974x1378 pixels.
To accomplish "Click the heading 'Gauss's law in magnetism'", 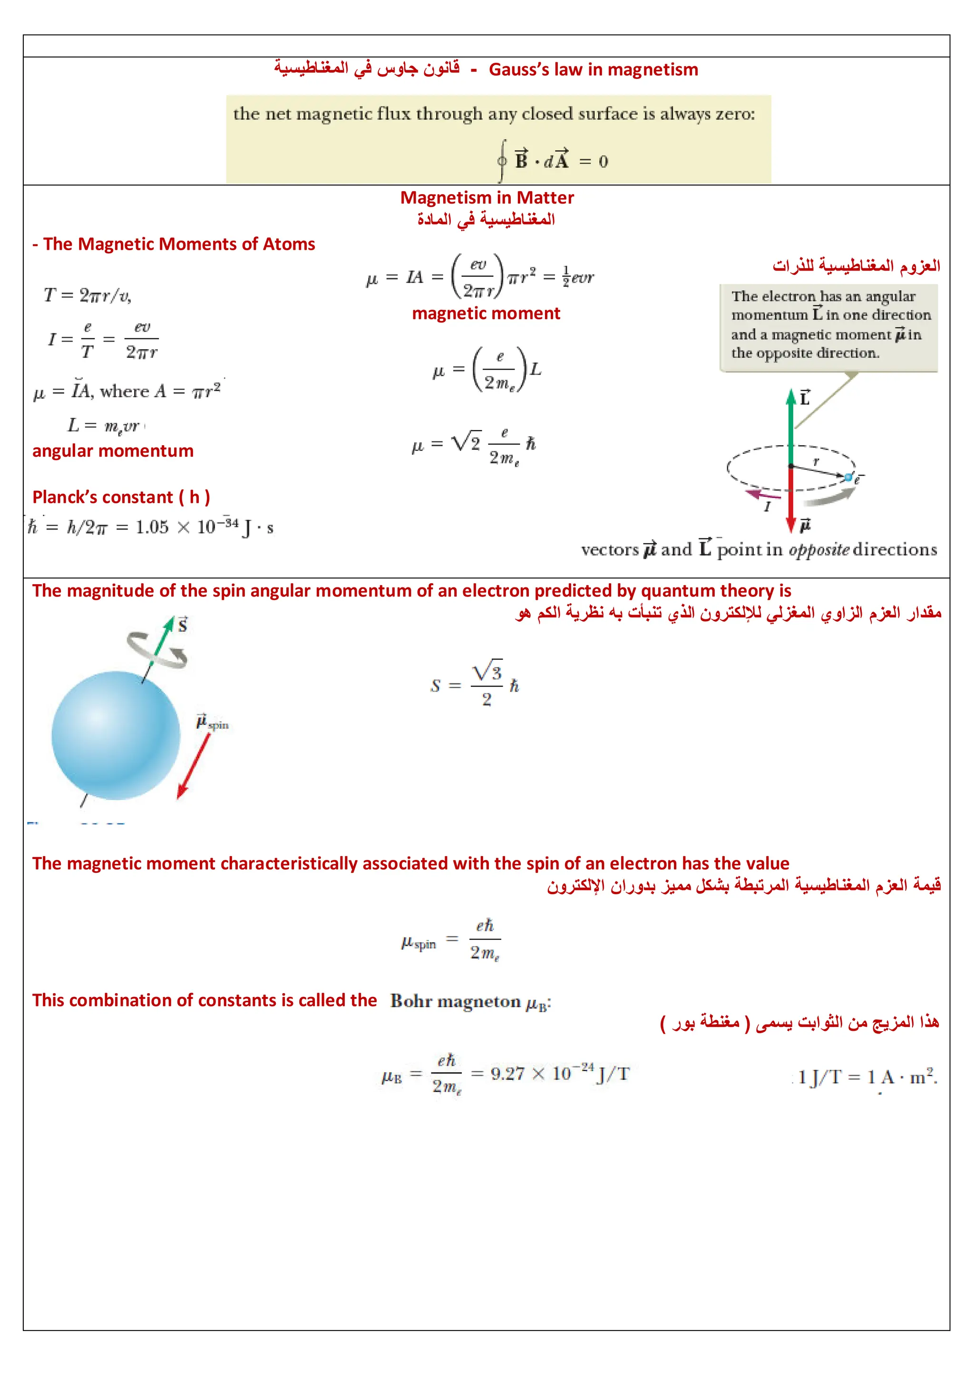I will [593, 69].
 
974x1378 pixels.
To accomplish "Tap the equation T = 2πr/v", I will [88, 295].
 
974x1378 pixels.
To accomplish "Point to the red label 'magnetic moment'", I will [486, 313].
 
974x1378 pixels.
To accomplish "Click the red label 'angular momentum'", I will [113, 451].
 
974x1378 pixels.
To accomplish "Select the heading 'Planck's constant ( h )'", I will [121, 497].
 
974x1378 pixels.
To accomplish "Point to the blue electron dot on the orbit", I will [848, 478].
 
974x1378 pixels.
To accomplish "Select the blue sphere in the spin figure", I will [116, 735].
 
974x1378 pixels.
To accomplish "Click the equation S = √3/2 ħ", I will [474, 684].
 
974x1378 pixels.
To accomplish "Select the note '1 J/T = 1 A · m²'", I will [867, 1077].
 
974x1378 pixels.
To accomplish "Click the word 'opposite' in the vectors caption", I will [818, 550].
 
